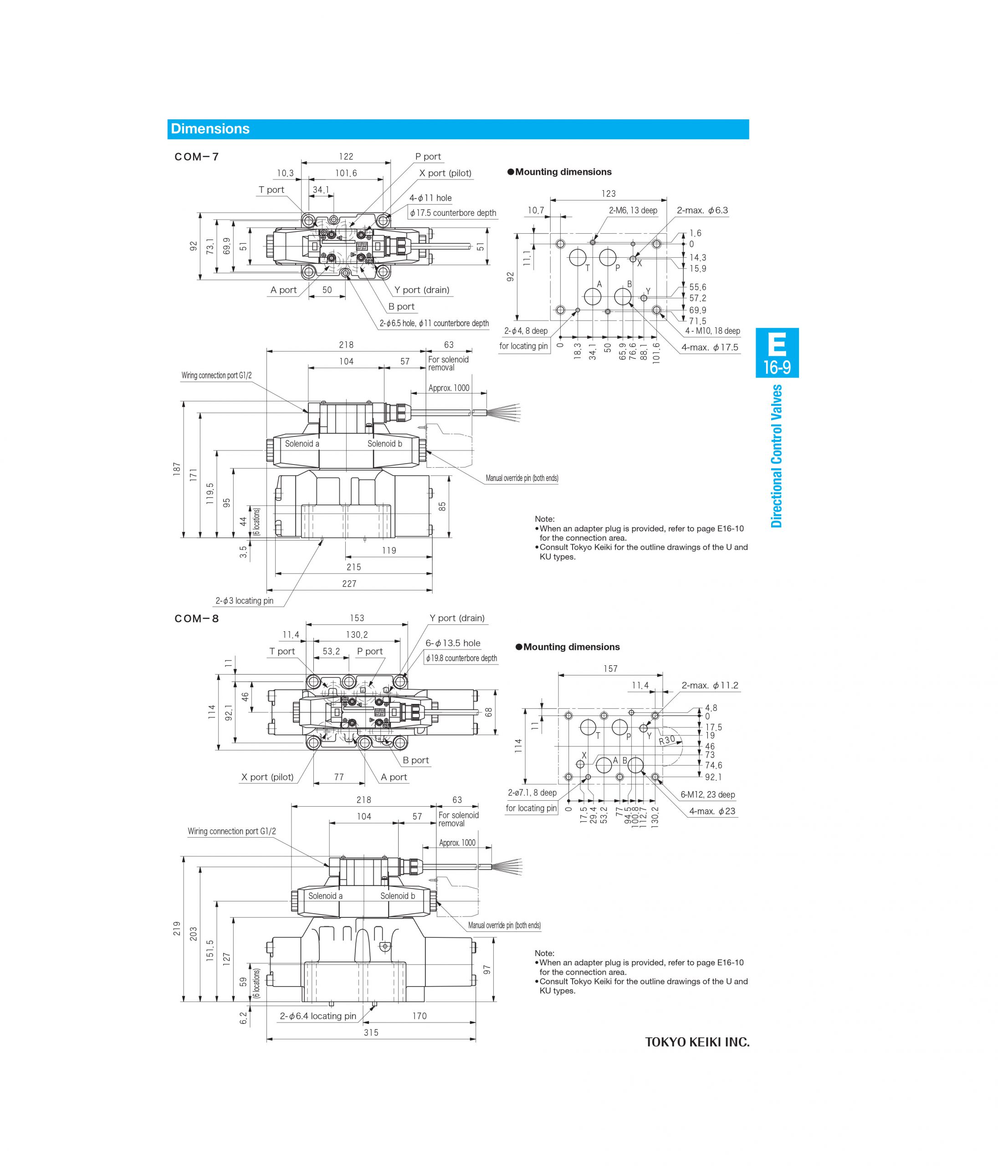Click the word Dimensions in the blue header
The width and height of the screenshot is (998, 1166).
coord(210,129)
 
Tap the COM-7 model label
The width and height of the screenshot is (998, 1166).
coord(196,157)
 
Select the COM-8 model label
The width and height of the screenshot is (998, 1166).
coord(196,619)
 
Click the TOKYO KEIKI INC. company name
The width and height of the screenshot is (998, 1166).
coord(697,1042)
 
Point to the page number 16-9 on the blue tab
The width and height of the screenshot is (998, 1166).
coord(777,368)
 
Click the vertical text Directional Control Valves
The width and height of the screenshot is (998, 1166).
coord(777,456)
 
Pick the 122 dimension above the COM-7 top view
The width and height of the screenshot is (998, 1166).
coord(346,156)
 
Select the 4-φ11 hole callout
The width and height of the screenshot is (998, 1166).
coord(430,198)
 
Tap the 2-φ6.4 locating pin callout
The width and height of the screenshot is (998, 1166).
coord(318,1016)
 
